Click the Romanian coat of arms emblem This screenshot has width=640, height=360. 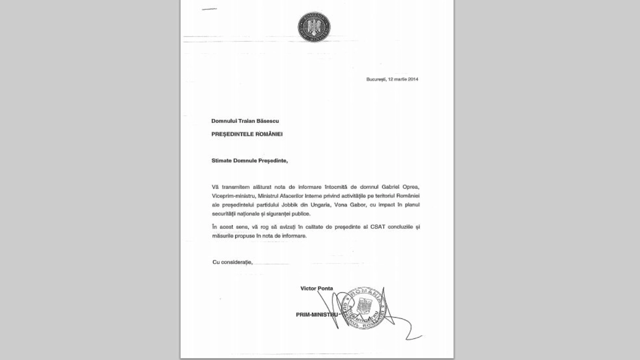pyautogui.click(x=314, y=27)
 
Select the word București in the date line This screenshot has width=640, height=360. pyautogui.click(x=376, y=79)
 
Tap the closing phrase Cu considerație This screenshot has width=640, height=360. pyautogui.click(x=232, y=262)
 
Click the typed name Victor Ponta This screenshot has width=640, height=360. pyautogui.click(x=316, y=288)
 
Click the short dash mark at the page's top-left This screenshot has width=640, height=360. pyautogui.click(x=209, y=8)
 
